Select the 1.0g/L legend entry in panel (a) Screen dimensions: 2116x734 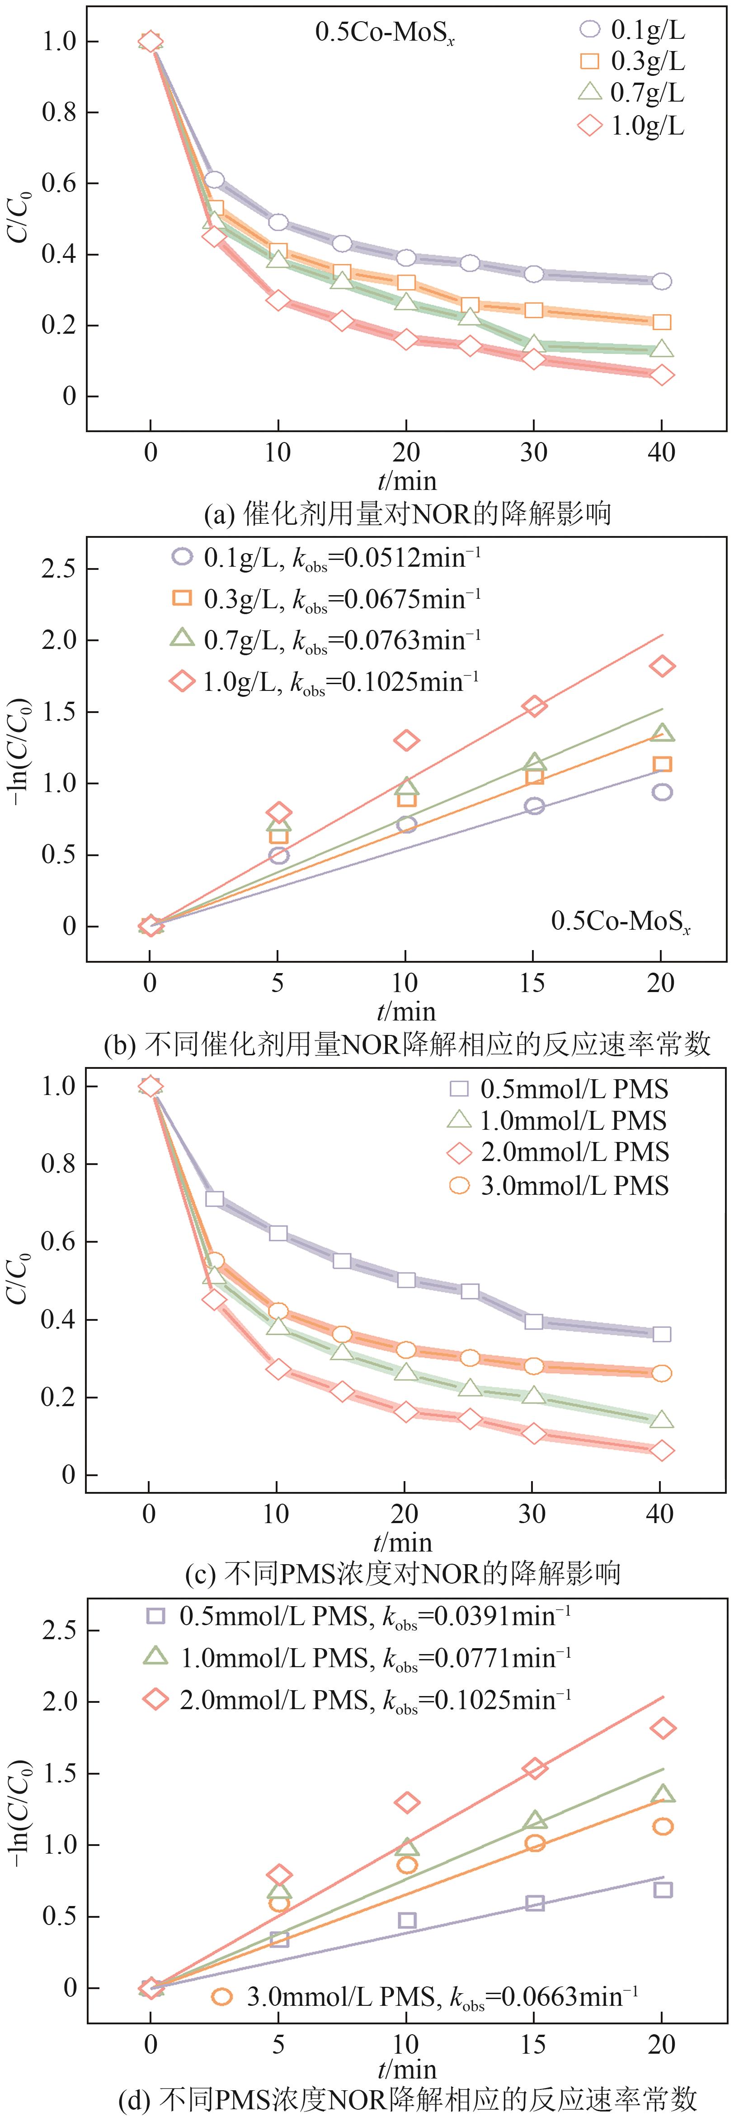point(631,126)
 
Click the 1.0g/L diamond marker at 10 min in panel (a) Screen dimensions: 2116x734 point(278,300)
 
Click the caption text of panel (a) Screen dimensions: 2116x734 point(407,513)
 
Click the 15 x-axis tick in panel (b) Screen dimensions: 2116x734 point(532,983)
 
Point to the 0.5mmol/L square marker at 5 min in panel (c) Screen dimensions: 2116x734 point(214,1198)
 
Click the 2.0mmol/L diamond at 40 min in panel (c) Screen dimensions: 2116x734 point(661,1451)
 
